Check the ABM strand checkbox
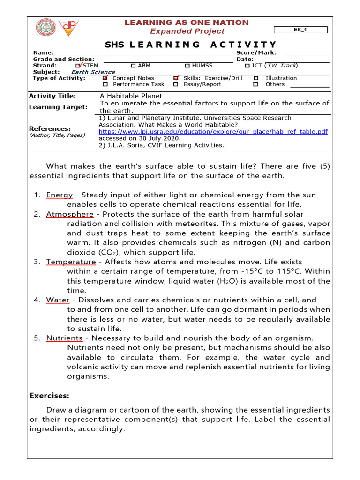pos(133,66)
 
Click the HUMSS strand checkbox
pos(187,66)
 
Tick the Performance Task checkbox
pos(105,84)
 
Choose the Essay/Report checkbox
pos(175,84)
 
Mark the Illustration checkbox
pos(256,78)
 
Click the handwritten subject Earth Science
pos(93,72)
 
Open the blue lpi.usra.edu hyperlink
pos(213,132)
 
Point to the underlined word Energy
pos(59,195)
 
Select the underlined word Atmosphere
pos(69,214)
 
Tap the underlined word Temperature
pos(71,262)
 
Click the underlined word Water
pos(57,300)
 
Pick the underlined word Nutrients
pos(64,338)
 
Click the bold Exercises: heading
pos(49,396)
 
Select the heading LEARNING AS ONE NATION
pos(187,22)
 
